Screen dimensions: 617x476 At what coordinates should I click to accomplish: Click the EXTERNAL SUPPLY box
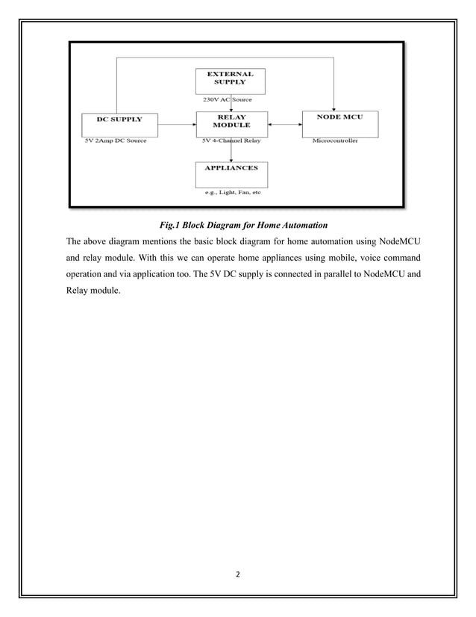point(231,81)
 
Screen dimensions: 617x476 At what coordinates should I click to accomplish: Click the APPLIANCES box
point(231,173)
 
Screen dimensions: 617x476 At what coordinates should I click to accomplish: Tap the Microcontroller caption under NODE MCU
point(334,140)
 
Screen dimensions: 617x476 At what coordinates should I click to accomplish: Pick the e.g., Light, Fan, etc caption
point(233,192)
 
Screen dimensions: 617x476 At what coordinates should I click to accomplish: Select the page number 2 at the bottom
point(238,575)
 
